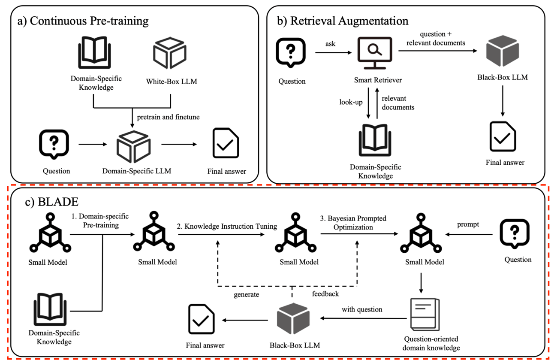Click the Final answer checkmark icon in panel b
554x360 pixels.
coord(503,136)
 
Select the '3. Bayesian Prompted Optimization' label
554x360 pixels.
coord(353,223)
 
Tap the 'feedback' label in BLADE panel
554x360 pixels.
coord(325,294)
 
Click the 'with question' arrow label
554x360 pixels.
coord(362,309)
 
